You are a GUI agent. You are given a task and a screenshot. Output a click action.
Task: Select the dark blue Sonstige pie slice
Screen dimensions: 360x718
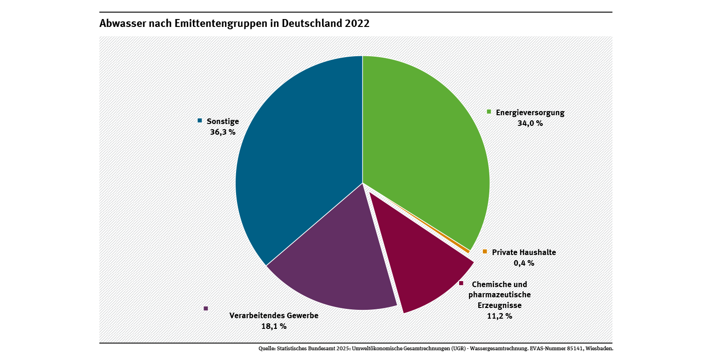coord(297,177)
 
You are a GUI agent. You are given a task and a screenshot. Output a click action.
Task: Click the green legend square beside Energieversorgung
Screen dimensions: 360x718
coord(489,111)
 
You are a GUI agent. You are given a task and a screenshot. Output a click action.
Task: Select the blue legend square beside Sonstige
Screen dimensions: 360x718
coord(200,120)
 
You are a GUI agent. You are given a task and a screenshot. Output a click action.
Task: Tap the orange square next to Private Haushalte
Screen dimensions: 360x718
coord(485,251)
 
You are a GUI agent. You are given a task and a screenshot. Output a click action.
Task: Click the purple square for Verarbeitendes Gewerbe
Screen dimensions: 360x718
coord(206,308)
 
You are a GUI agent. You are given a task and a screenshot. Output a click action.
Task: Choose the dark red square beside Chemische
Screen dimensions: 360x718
coord(461,283)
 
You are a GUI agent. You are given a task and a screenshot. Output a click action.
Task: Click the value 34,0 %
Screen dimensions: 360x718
coord(530,124)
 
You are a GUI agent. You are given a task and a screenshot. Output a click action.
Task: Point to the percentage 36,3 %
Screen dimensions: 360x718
coord(223,132)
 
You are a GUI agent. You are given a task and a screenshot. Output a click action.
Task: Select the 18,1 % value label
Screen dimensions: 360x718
coord(274,326)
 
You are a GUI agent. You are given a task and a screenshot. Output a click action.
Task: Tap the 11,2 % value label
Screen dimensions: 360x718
coord(499,316)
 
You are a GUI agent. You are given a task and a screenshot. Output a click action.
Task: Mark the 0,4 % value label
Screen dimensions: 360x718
coord(524,263)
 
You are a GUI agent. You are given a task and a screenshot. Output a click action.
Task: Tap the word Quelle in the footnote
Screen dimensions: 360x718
coord(267,348)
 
